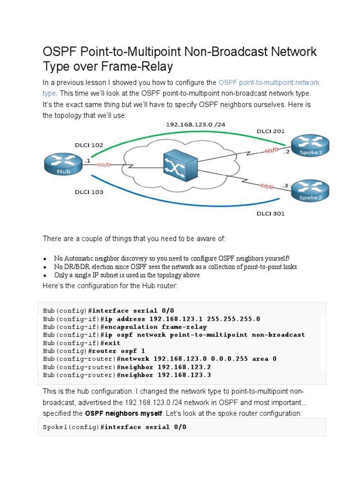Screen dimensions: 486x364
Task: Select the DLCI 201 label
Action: coord(271,131)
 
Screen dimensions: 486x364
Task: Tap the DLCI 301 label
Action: coord(271,214)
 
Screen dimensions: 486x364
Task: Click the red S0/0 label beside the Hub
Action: coord(104,165)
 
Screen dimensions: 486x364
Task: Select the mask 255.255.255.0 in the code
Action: coord(231,318)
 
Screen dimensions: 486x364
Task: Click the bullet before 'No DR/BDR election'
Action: coord(45,267)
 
